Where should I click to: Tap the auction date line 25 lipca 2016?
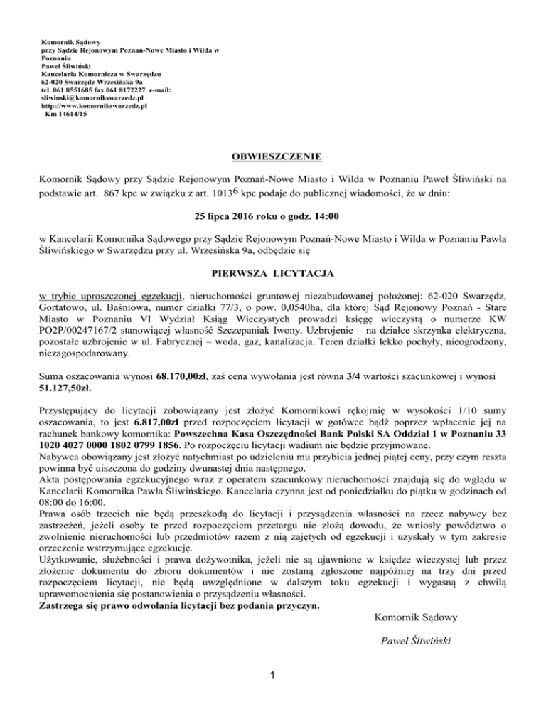[x=272, y=216]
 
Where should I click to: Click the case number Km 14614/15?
[x=66, y=113]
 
